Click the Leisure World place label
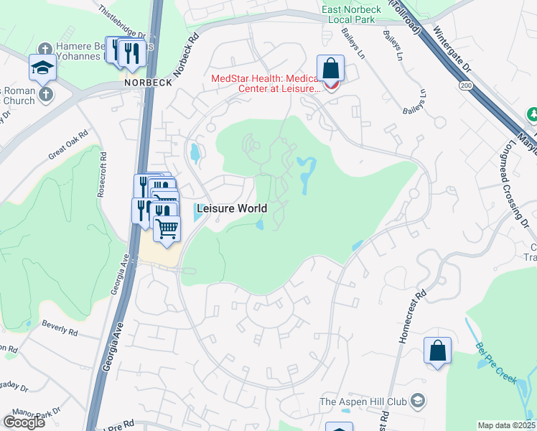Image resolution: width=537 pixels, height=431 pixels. click(x=231, y=208)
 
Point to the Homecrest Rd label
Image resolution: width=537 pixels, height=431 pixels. click(x=411, y=317)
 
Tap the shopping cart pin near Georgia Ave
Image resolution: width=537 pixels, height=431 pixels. click(x=167, y=229)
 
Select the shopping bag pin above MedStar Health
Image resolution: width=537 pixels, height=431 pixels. click(x=331, y=69)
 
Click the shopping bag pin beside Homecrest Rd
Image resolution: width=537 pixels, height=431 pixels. click(x=437, y=351)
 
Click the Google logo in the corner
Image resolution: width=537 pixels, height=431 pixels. click(x=24, y=422)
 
